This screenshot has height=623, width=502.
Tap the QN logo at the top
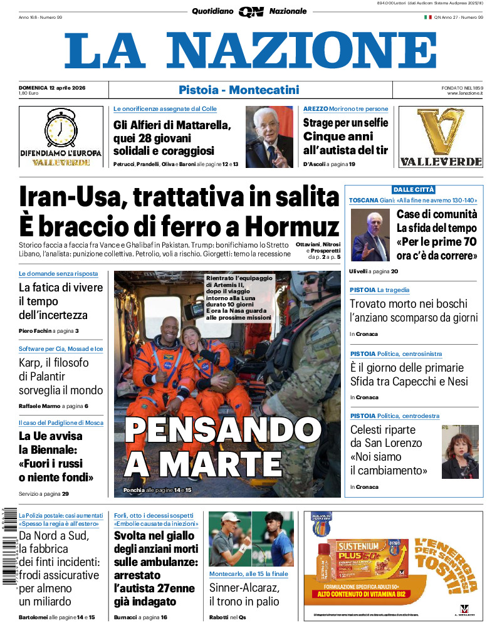pos(251,11)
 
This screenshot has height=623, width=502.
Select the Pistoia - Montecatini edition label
pos(239,90)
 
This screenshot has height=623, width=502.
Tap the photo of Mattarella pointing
pos(269,137)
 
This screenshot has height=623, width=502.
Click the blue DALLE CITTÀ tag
pos(413,189)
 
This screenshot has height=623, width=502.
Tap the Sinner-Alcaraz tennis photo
pos(251,539)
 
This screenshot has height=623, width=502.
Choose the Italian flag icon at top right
pos(428,18)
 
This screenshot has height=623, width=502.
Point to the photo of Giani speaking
pos(370,234)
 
